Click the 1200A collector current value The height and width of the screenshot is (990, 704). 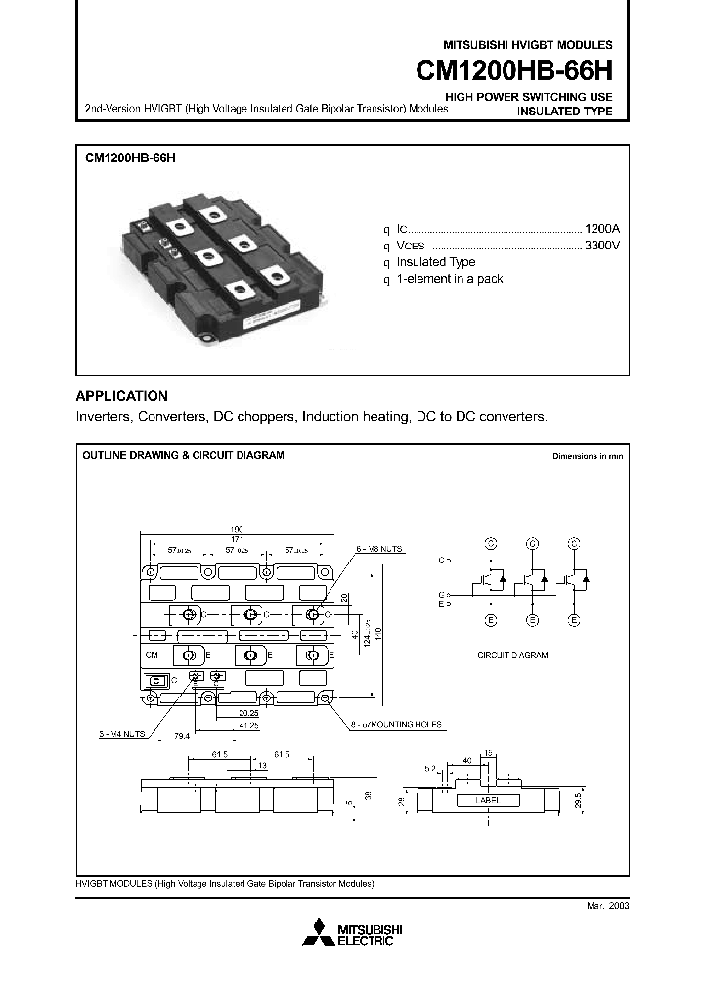(601, 227)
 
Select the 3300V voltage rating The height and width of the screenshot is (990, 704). (601, 245)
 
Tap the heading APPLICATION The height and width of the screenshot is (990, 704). (122, 396)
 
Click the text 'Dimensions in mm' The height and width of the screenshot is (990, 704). (587, 456)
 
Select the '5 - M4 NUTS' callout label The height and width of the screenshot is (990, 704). (123, 732)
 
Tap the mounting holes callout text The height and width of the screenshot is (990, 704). (397, 725)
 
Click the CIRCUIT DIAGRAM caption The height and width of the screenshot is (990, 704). (511, 656)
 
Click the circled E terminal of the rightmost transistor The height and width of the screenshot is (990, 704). (575, 620)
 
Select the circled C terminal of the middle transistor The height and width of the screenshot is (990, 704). (532, 541)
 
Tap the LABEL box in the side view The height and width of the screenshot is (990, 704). (490, 800)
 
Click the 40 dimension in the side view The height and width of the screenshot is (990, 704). (467, 760)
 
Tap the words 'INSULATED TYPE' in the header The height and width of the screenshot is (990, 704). (564, 112)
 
